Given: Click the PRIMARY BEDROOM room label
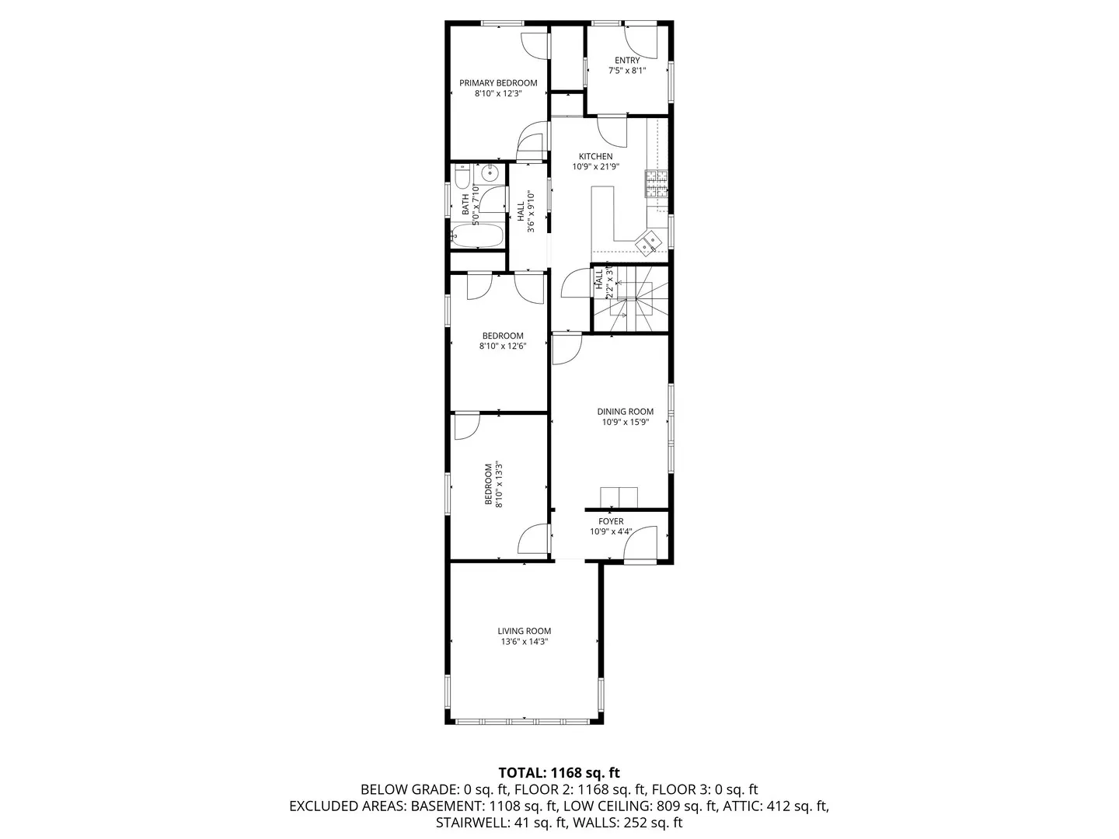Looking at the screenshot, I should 497,83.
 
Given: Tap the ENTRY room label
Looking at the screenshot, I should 627,61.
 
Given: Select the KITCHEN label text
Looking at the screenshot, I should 595,156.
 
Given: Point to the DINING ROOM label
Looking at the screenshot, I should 625,412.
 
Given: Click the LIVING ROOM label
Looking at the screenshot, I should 525,632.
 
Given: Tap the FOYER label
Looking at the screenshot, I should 611,521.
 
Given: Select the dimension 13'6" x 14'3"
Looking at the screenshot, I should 525,642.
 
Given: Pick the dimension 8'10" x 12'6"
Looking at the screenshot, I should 503,346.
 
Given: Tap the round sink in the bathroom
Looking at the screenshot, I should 490,172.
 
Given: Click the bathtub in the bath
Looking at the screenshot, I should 477,235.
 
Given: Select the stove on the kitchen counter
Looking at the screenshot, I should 654,183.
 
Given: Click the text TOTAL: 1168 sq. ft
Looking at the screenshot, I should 559,772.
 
